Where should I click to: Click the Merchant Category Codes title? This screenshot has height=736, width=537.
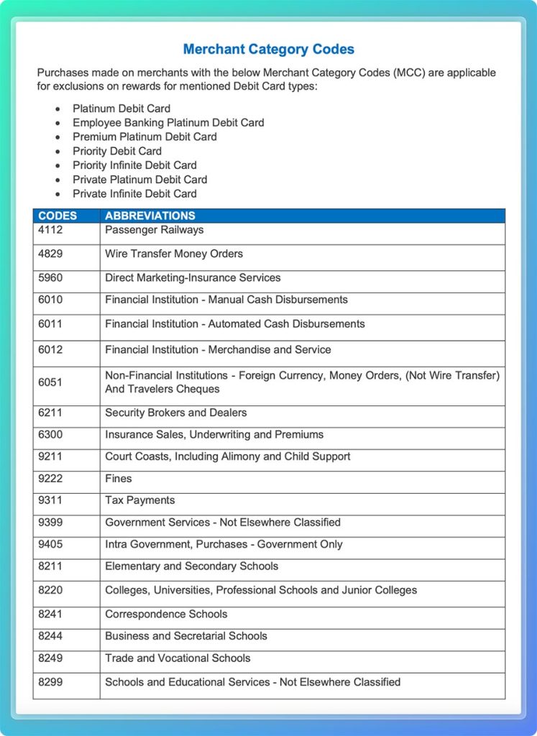[x=268, y=50]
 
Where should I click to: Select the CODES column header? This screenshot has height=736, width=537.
[x=58, y=216]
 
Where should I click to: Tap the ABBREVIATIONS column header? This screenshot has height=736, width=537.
[x=150, y=216]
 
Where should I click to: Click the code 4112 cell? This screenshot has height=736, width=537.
[x=50, y=230]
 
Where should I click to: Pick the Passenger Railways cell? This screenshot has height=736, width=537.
[x=154, y=230]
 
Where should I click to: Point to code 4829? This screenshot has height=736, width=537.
[x=50, y=254]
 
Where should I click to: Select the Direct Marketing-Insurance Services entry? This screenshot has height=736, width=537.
[x=193, y=277]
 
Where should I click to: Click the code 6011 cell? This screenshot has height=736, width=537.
[x=50, y=324]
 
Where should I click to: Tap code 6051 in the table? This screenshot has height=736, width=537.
[x=50, y=382]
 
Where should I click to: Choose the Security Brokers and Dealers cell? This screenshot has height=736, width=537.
[x=175, y=413]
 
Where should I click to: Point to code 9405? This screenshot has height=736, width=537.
[x=50, y=544]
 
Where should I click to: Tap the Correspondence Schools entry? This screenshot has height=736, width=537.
[x=166, y=614]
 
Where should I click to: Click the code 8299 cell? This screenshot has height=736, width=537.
[x=50, y=682]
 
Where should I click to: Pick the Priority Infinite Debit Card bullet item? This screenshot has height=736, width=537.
[x=134, y=165]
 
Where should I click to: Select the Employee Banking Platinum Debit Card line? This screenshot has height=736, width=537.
[x=168, y=123]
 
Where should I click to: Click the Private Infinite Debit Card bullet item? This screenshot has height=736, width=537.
[x=134, y=193]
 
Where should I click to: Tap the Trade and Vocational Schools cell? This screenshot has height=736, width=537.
[x=178, y=658]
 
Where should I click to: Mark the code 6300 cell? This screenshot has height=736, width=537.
[x=50, y=435]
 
